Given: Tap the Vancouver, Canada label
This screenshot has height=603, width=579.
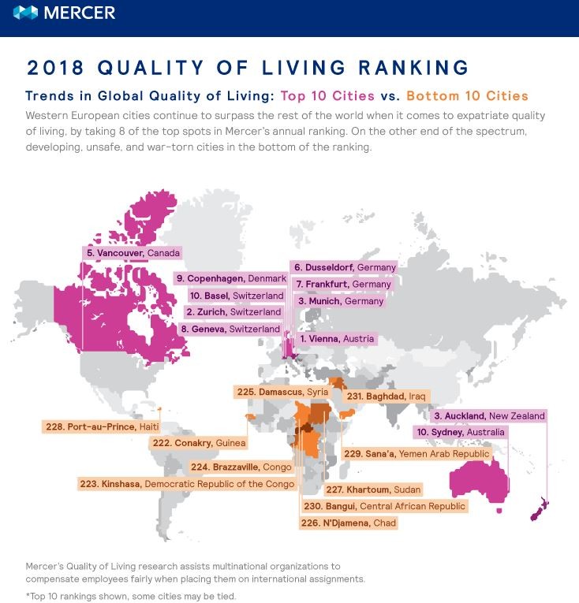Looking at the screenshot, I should pos(133,253).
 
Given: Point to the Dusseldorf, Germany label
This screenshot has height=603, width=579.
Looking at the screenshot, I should pos(343,267).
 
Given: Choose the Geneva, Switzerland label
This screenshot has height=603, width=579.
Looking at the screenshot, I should pos(230,329).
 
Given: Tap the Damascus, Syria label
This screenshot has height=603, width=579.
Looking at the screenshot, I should pos(282,391).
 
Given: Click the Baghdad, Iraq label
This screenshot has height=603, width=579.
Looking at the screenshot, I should pos(375,395).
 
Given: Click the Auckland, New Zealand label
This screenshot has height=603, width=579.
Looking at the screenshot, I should pos(488,415).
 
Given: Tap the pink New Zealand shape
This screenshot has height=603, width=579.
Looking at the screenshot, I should pos(540,512).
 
